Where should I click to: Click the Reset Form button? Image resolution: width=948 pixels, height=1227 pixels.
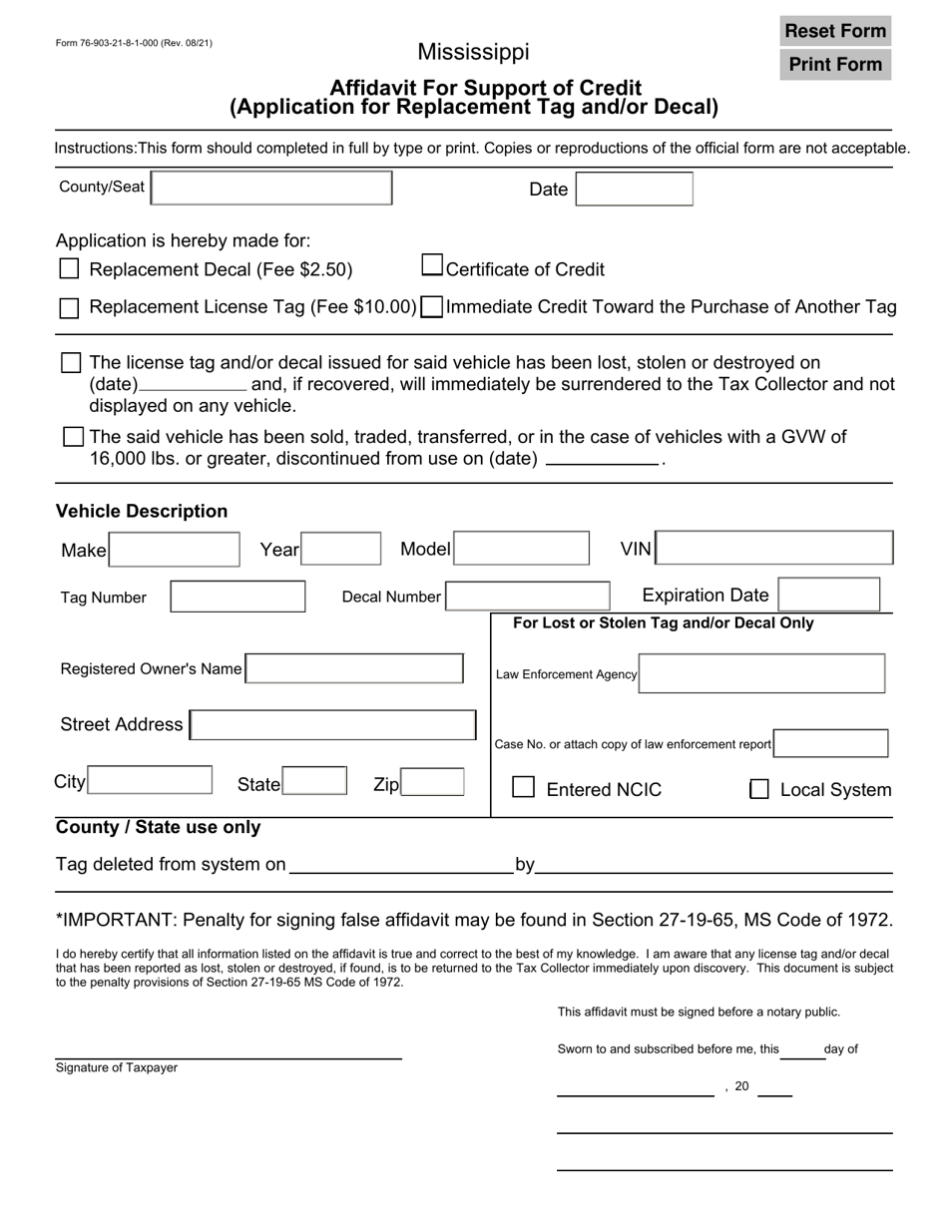tap(835, 31)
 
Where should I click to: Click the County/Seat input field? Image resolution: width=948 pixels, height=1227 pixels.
tap(271, 188)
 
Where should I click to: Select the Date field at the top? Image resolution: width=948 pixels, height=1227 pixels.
tap(635, 189)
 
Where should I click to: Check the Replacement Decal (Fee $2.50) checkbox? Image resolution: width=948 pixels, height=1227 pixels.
tap(69, 269)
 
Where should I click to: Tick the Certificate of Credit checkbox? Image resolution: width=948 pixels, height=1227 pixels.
tap(432, 265)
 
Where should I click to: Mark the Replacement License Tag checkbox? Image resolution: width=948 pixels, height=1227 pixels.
tap(69, 308)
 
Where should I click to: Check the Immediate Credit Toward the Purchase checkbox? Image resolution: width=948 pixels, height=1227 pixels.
tap(432, 307)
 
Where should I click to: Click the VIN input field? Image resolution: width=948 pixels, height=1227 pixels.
tap(775, 549)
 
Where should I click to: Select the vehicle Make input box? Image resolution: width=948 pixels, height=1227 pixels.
tap(175, 550)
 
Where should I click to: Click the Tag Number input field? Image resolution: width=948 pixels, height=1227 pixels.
tap(238, 597)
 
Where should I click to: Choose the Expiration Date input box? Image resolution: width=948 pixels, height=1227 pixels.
tap(828, 595)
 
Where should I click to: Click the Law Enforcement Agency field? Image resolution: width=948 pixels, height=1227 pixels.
tap(761, 673)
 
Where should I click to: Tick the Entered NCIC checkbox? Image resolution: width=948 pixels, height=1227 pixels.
tap(524, 788)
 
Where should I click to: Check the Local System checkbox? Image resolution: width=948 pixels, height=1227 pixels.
tap(759, 789)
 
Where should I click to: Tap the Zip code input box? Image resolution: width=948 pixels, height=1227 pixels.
tap(432, 783)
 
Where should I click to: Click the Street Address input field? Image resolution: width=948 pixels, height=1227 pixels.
tap(332, 725)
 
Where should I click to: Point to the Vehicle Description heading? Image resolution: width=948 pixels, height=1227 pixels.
tap(142, 511)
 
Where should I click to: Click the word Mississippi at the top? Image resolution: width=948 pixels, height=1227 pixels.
tap(473, 52)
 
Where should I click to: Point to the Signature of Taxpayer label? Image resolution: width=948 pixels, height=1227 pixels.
tap(117, 1067)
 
